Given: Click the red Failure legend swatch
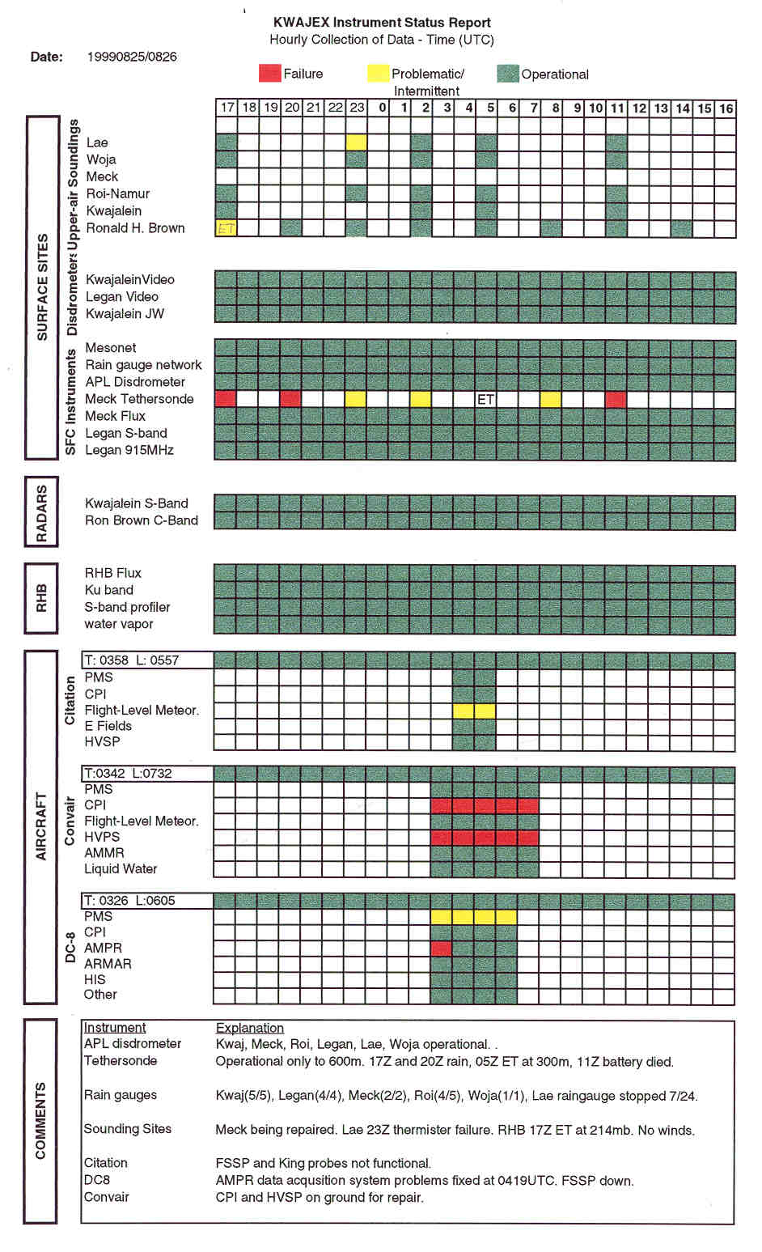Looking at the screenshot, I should coord(269,74).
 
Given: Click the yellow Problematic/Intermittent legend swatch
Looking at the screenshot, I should coord(378,74).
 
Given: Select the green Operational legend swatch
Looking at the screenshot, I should coord(507,74).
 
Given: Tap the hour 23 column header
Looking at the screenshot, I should coord(357,108).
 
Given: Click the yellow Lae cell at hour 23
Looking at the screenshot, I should coord(357,142).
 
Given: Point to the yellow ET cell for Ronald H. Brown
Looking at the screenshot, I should coord(226,228).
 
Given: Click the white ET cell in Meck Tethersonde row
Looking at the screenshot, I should coord(485,399).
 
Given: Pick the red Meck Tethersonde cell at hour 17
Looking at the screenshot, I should coord(226,399).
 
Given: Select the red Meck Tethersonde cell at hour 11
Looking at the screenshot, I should coord(616,399).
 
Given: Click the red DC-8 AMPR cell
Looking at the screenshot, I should coord(441,948).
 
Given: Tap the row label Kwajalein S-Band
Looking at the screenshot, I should coord(137,503).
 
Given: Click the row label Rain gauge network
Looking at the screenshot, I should coord(144,365).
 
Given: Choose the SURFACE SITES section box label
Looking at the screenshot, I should coord(42,287).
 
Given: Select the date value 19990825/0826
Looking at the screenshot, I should coord(132,57).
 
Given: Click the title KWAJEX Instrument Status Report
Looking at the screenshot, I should coord(382,23).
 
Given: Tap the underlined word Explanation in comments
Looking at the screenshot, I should coord(249,1028).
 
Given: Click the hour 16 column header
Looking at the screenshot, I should coord(726,108).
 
